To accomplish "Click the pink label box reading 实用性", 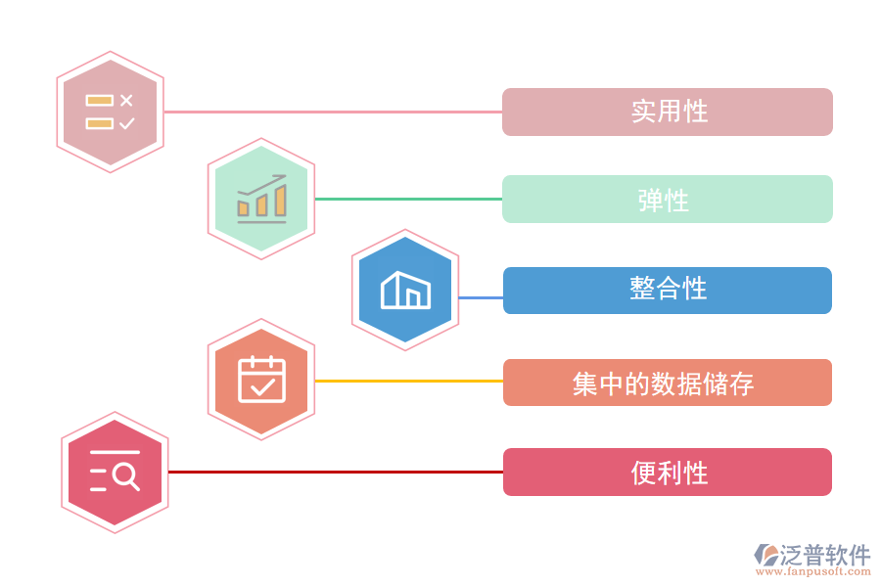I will [x=667, y=112].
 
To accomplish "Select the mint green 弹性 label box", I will [x=667, y=200].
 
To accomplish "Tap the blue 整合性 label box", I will [x=667, y=291].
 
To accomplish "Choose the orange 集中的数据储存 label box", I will [x=667, y=383].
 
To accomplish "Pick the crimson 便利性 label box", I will [x=667, y=473].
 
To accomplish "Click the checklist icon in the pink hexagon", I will [x=110, y=112].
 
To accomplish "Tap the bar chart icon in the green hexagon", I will [x=261, y=199].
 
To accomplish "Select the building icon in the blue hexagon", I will [x=405, y=290].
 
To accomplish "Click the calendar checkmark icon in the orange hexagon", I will [x=261, y=380].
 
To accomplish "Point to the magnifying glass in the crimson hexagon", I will [x=125, y=475].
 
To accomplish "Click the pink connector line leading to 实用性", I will [x=333, y=112].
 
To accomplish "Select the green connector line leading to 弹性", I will [x=408, y=199].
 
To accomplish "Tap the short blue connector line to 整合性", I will [x=481, y=297].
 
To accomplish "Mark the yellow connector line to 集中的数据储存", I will [x=408, y=381].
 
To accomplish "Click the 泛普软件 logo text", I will [x=825, y=556].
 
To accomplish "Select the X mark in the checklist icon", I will [x=126, y=100].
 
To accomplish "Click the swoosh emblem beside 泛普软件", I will [x=765, y=555].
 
